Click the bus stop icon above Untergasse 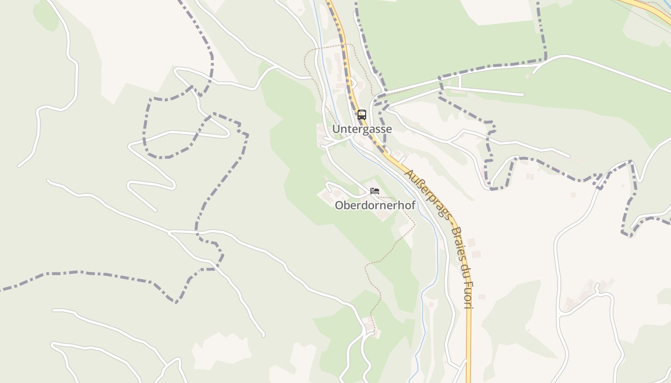(361, 115)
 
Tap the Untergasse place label (362, 129)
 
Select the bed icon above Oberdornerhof (375, 191)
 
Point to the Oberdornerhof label (375, 205)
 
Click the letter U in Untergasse (336, 129)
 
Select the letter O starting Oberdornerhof (339, 205)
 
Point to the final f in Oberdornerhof (413, 205)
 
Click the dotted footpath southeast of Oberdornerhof (405, 239)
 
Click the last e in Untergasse (389, 129)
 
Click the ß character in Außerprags (418, 182)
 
